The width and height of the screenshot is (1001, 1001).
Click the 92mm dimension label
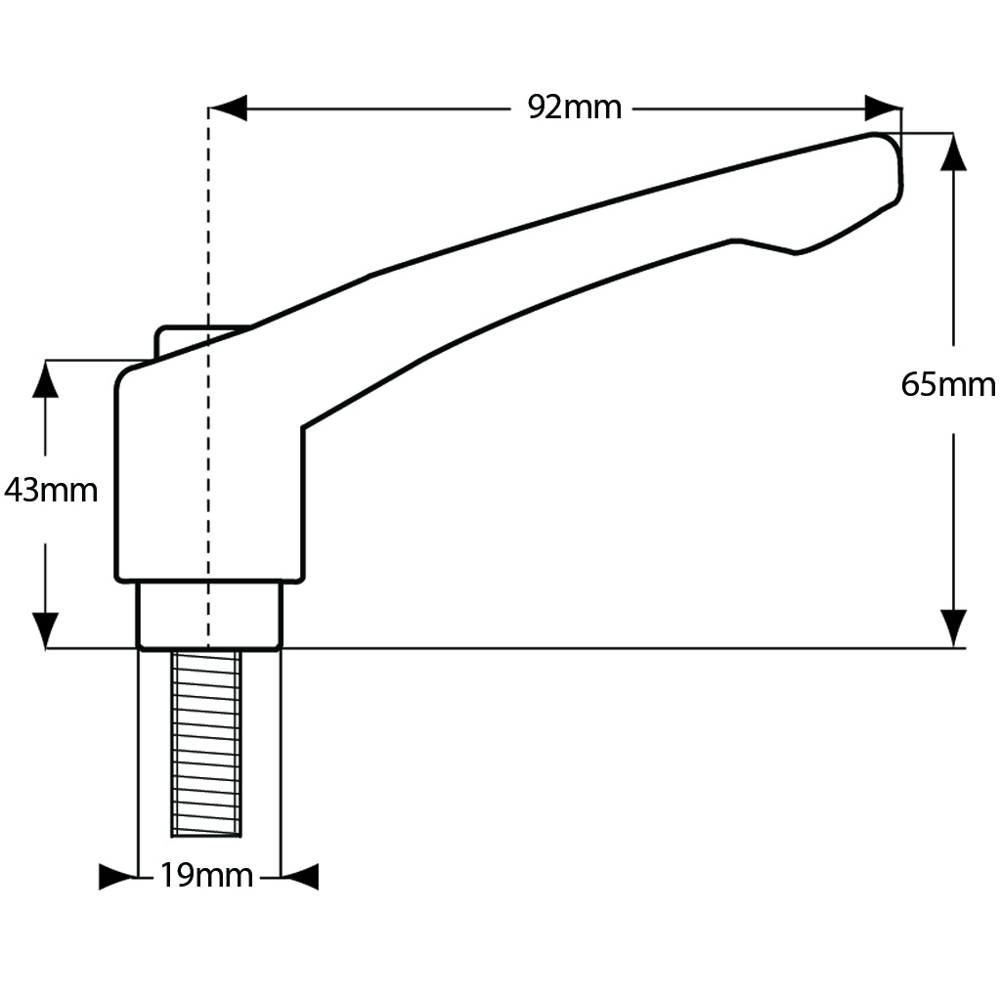pos(574,108)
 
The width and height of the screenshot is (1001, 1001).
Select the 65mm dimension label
pos(947,384)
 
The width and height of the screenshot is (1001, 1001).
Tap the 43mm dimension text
pos(51,490)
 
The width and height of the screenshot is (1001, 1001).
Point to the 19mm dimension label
pos(206,876)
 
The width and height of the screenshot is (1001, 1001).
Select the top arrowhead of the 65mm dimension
pos(953,152)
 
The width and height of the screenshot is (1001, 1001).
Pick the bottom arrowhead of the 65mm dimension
pos(953,628)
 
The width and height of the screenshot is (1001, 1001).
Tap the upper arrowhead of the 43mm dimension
pos(46,379)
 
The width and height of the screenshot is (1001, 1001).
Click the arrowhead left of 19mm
pos(116,876)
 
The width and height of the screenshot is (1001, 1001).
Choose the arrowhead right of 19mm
pos(301,876)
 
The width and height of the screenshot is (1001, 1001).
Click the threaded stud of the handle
pos(206,743)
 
